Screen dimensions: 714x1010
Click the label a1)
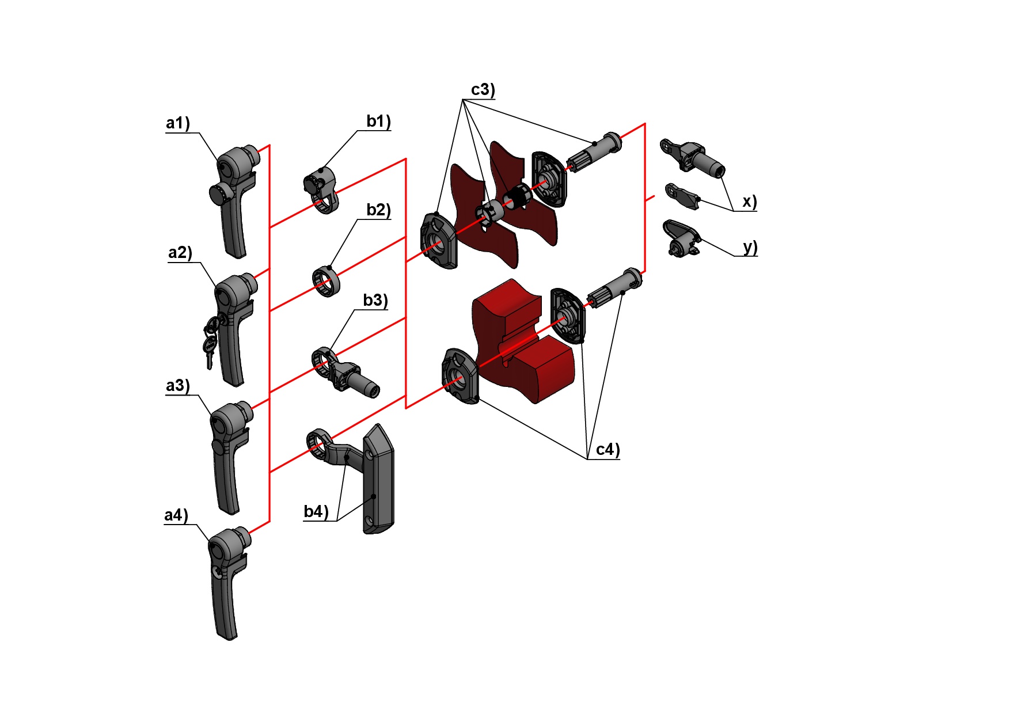177,123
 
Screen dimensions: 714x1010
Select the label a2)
180,253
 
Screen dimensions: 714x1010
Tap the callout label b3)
375,301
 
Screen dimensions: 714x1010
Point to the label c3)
483,90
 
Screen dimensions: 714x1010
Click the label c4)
607,450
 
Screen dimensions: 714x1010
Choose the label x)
749,202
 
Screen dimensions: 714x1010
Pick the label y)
749,247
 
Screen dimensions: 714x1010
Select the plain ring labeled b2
326,281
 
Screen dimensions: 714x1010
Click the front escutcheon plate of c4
460,377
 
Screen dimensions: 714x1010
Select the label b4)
316,511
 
